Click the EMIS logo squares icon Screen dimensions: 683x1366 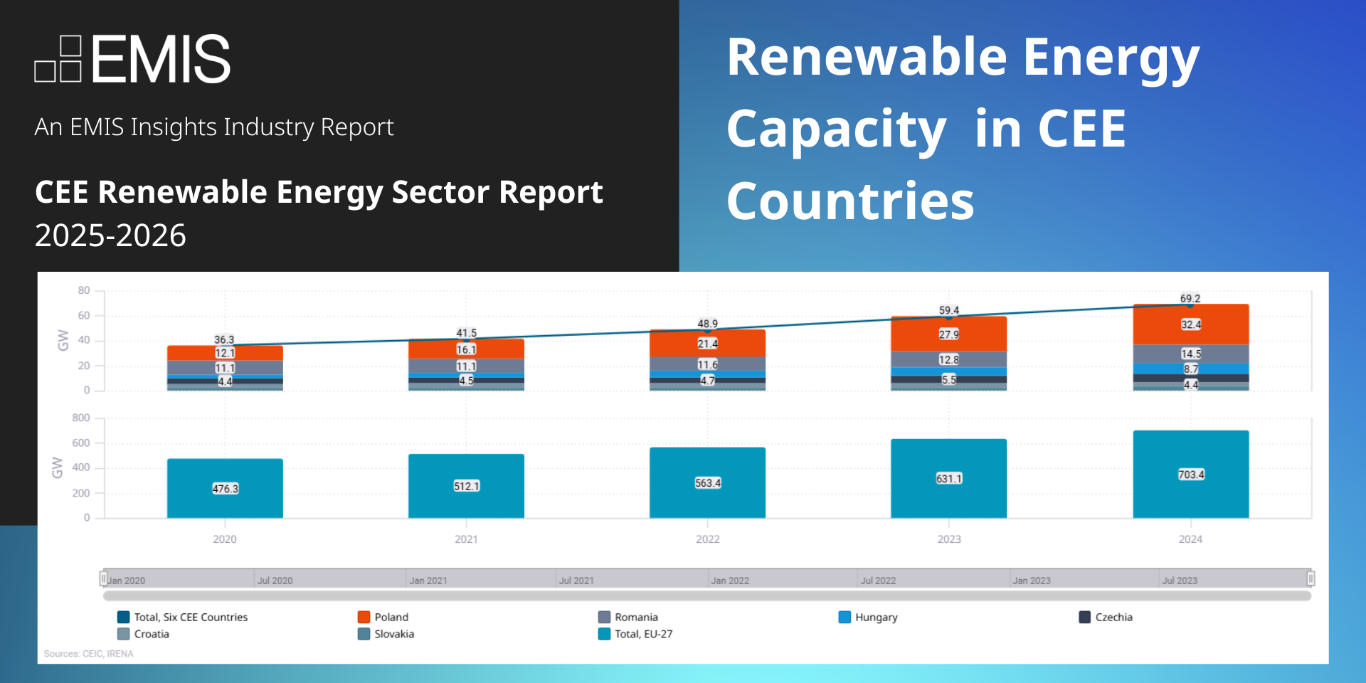[x=58, y=59]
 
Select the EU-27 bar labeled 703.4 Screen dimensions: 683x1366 [x=1190, y=475]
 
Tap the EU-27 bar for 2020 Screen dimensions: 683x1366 [x=225, y=489]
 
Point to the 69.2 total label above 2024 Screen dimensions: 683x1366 [x=1190, y=299]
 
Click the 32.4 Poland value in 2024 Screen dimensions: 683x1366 [x=1190, y=324]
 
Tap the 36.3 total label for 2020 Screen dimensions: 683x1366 [x=224, y=339]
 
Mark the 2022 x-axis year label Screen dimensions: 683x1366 [x=707, y=539]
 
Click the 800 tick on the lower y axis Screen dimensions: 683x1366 [x=81, y=418]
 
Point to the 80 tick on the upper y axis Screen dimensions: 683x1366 [x=84, y=290]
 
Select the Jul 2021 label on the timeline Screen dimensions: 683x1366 [x=576, y=581]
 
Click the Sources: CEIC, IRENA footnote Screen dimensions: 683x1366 [x=88, y=654]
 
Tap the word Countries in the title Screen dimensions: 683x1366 [x=850, y=201]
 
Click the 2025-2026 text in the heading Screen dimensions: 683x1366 [x=110, y=235]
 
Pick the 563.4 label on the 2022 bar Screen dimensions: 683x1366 [x=707, y=483]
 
